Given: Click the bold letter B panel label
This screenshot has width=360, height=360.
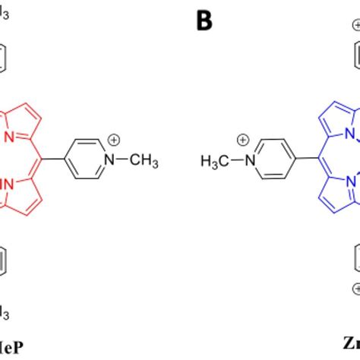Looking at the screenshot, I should click(x=204, y=21).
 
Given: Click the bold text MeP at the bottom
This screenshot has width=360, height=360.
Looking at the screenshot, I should click(x=12, y=348).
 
